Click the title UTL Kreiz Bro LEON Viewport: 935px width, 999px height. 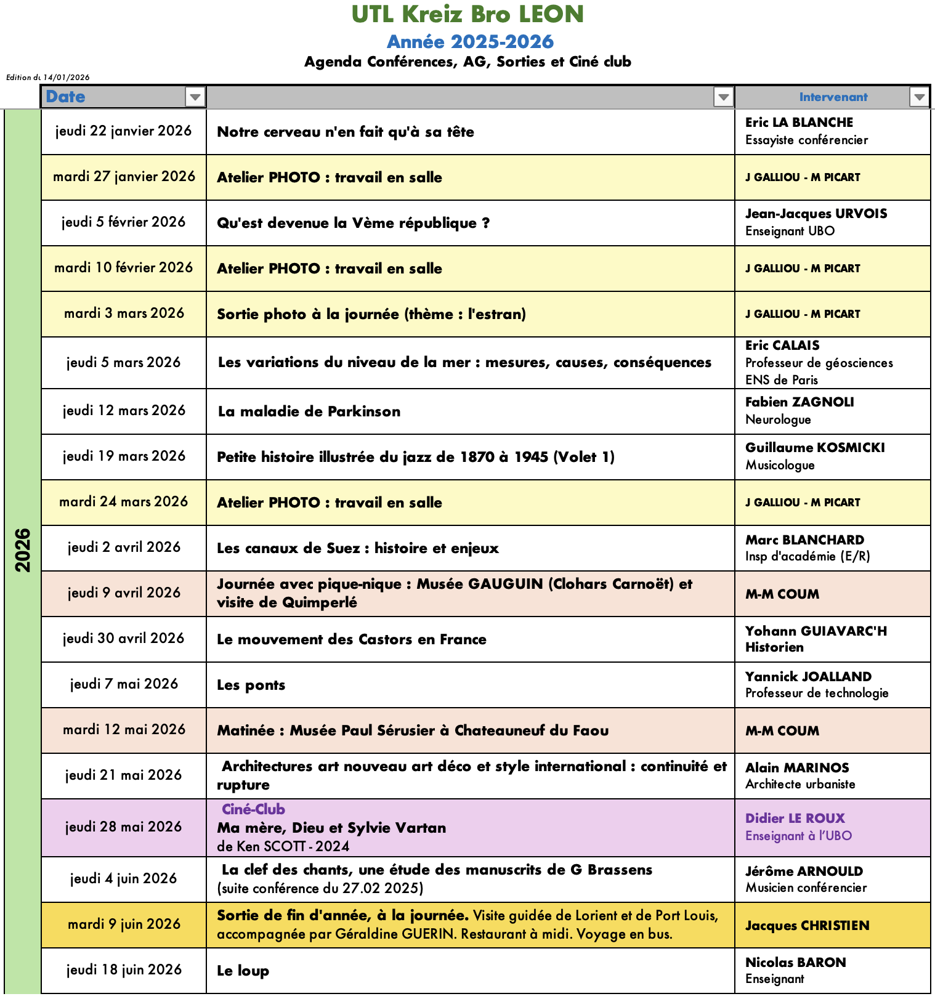pos(467,14)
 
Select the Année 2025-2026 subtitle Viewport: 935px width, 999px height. pos(470,42)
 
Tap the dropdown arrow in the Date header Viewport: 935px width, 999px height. pos(195,97)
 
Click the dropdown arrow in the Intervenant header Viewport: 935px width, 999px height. pos(919,97)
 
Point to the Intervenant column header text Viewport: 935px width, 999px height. pos(833,97)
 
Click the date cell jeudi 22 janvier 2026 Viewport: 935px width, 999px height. pos(123,131)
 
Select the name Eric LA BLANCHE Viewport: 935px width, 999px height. pos(799,123)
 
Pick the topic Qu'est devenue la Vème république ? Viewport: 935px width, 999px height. pos(353,223)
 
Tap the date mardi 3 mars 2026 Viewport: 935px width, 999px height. pos(124,313)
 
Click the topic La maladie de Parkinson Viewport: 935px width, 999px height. pos(309,411)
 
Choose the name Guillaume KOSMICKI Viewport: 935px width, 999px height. pos(815,448)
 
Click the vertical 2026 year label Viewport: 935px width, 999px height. pos(23,550)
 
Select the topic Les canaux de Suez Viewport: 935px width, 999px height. pos(357,548)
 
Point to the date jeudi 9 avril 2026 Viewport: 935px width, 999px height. pos(124,593)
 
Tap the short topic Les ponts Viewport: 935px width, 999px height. pos(251,685)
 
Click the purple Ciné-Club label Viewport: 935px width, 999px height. pos(253,809)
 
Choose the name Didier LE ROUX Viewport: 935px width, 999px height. pos(795,819)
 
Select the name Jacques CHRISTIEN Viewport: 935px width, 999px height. pos(807,926)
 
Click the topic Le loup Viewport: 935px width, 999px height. pos(243,971)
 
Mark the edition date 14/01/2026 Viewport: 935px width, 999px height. pos(67,78)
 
